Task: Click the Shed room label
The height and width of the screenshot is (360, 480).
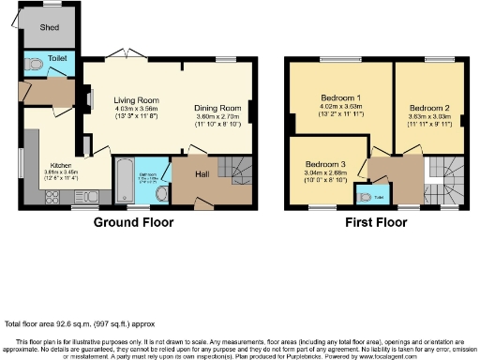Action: (49, 27)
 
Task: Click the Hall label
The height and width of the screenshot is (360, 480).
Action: (202, 173)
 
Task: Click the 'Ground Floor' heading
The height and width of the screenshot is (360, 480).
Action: (130, 223)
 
